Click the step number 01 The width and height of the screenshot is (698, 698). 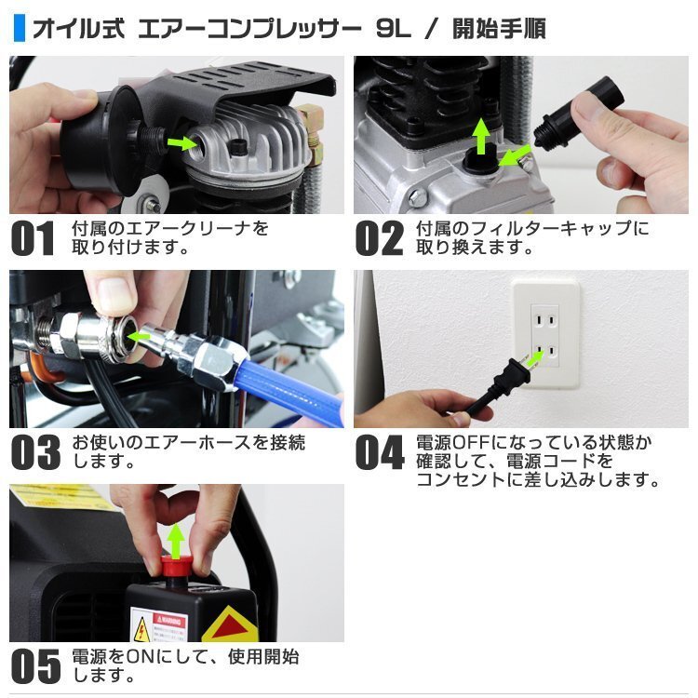click(34, 238)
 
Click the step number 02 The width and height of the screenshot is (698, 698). click(380, 238)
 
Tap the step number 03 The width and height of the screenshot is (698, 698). click(35, 451)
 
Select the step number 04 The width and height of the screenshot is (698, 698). click(380, 451)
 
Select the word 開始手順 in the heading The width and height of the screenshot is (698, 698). click(498, 29)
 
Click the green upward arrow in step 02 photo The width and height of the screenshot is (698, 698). click(481, 135)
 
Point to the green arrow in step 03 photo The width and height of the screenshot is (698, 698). click(141, 334)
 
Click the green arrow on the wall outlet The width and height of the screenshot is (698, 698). click(534, 359)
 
